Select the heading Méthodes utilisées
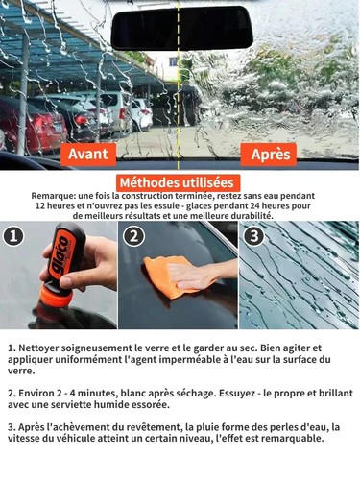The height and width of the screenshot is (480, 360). pos(179,182)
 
